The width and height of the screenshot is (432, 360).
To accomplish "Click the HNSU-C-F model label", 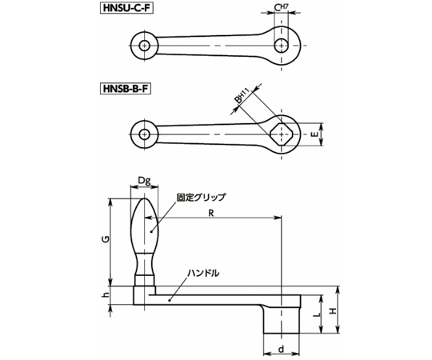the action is pos(126,8).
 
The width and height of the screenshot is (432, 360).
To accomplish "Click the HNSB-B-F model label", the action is pos(126,89).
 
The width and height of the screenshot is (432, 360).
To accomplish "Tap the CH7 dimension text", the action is pos(281,8).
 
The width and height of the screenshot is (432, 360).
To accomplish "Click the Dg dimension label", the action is pos(144,181).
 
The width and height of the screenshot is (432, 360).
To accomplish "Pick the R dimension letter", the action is pos(211,213).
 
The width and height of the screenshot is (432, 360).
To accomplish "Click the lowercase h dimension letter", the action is pos(106,294).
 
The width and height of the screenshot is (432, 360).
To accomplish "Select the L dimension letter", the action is pos(317,314).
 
